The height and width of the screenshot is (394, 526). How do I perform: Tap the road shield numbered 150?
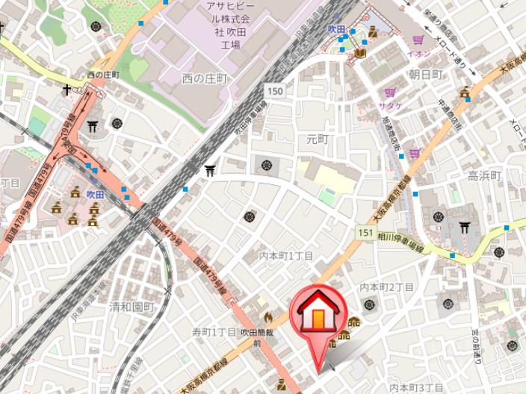pyautogui.click(x=274, y=90)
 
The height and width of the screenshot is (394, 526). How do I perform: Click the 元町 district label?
pyautogui.click(x=317, y=139)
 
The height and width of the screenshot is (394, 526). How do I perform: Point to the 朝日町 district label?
pyautogui.click(x=427, y=74)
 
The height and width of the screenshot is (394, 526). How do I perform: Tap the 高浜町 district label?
pyautogui.click(x=484, y=175)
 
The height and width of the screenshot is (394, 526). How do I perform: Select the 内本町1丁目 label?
pyautogui.click(x=286, y=256)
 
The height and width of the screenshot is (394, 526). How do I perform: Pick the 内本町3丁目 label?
pyautogui.click(x=417, y=387)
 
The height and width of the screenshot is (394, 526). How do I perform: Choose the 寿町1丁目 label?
pyautogui.click(x=214, y=331)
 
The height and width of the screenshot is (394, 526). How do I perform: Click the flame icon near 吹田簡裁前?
pyautogui.click(x=267, y=317)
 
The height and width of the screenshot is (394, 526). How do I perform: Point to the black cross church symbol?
pyautogui.click(x=67, y=90)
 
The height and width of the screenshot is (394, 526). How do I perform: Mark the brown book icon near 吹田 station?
pyautogui.click(x=361, y=52)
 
